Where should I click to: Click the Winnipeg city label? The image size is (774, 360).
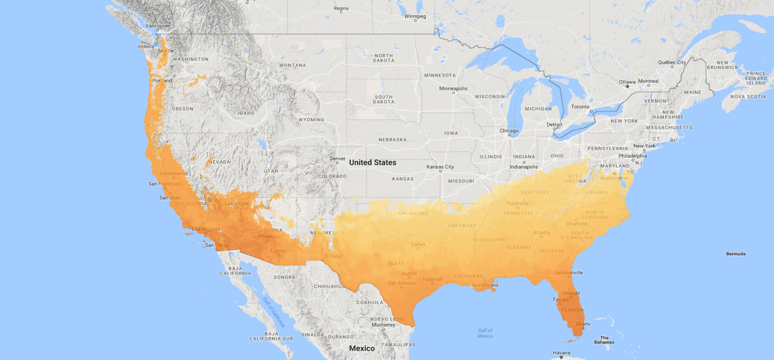(415, 16)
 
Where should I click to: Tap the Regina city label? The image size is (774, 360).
(341, 9)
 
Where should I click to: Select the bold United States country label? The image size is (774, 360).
(373, 162)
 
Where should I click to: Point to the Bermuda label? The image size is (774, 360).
(735, 254)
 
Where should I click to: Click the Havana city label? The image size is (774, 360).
(561, 352)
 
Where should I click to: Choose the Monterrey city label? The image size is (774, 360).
(383, 325)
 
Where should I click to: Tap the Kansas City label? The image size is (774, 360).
(440, 167)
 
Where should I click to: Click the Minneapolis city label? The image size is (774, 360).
(453, 89)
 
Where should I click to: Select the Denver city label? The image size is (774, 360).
(337, 158)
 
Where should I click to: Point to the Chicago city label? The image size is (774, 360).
(509, 130)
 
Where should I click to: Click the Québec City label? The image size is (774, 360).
(671, 62)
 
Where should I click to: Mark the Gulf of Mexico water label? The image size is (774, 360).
(485, 333)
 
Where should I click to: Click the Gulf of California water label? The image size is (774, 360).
(274, 312)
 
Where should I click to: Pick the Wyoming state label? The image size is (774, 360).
(311, 120)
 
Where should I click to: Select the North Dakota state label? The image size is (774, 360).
(384, 58)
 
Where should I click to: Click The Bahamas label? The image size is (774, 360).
(604, 340)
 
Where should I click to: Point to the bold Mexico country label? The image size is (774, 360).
(362, 348)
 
